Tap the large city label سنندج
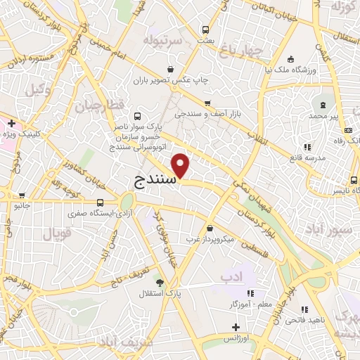point(155,180)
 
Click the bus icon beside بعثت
point(206,30)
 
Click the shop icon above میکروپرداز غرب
point(211,228)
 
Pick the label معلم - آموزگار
point(242,304)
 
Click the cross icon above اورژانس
point(236,327)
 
